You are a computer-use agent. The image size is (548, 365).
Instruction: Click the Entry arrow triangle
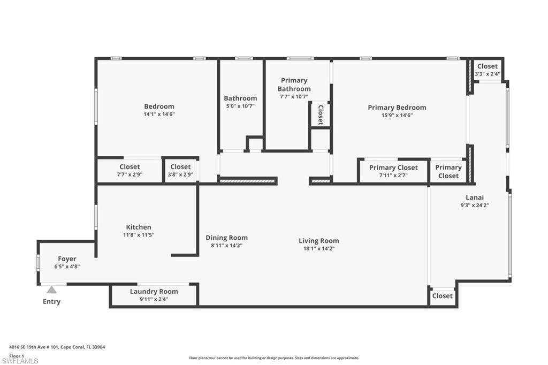(x=51, y=290)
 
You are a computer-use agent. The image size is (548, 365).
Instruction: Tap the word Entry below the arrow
(x=51, y=302)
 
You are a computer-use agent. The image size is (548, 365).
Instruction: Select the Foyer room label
(x=67, y=259)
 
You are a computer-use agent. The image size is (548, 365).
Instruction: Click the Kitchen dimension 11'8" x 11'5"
(x=139, y=235)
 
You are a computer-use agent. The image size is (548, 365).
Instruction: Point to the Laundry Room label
(x=154, y=292)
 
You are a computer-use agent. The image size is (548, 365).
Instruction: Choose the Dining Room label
(x=227, y=238)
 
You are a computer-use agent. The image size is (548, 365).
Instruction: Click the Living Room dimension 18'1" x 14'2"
(x=319, y=248)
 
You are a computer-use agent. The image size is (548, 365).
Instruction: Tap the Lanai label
(x=474, y=197)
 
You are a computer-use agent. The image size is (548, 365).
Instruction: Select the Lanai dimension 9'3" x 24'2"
(x=474, y=205)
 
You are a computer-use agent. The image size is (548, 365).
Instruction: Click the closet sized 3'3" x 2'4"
(x=488, y=70)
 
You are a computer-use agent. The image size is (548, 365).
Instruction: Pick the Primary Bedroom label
(x=397, y=108)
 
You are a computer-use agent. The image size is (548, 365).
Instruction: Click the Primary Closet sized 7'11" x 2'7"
(x=393, y=171)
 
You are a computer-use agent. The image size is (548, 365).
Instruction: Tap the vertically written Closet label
(x=320, y=115)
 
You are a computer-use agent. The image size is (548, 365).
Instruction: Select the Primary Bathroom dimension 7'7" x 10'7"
(x=294, y=97)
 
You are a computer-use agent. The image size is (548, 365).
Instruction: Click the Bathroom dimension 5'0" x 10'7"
(x=240, y=106)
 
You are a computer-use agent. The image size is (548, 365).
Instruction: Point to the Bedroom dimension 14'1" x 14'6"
(x=159, y=114)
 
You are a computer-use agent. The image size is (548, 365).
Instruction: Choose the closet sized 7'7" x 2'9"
(x=130, y=171)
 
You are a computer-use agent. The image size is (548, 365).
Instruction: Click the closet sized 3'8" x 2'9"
(x=180, y=171)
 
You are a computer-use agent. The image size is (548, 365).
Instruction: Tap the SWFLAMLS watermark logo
(x=20, y=360)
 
